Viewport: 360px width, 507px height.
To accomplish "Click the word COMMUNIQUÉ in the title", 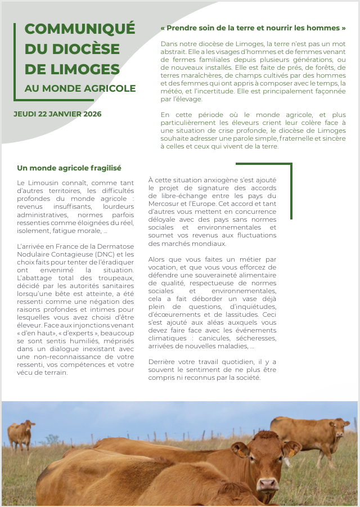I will pos(80,29).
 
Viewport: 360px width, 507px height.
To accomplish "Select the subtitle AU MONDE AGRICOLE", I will pos(80,88).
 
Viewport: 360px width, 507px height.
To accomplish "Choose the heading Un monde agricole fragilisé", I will pos(69,168).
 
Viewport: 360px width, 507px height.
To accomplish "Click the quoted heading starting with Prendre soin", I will pos(253,28).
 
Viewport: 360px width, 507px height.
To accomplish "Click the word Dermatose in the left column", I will pos(116,246).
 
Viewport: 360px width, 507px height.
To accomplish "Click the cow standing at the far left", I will pos(21,433).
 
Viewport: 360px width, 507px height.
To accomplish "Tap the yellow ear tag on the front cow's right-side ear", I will pos(291,452).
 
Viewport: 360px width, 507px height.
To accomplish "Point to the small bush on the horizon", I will pos(52,439).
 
